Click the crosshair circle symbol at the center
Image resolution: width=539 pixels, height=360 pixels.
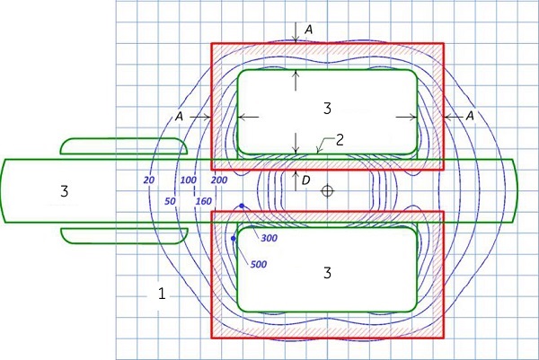pos(327,190)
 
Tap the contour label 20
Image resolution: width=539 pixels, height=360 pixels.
pos(149,180)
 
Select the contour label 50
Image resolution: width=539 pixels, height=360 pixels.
pos(170,201)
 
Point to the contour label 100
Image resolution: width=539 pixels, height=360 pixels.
pos(189,180)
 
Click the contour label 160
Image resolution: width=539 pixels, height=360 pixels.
pos(204,201)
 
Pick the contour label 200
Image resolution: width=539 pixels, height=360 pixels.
pos(219,180)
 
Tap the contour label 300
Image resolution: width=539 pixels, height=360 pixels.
pos(269,238)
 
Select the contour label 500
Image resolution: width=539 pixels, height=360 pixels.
pos(259,264)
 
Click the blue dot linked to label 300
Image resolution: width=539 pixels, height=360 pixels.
pos(242,206)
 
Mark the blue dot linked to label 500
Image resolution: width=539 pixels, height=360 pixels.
pos(234,238)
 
